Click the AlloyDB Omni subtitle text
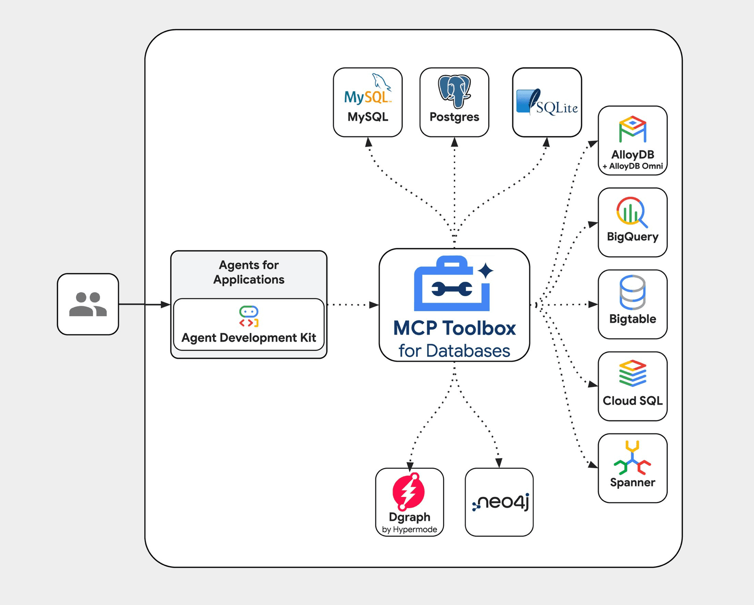point(632,166)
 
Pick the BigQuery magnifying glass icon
point(631,212)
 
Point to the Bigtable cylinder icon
point(632,293)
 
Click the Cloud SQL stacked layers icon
point(632,373)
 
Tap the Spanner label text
point(632,482)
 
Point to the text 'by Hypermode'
point(409,530)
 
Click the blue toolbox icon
point(452,284)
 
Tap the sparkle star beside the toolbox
point(486,271)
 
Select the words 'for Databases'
point(454,350)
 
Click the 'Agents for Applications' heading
point(249,272)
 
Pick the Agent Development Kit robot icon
point(249,317)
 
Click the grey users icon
point(88,304)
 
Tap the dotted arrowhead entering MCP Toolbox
point(374,305)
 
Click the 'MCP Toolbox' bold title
point(454,328)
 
